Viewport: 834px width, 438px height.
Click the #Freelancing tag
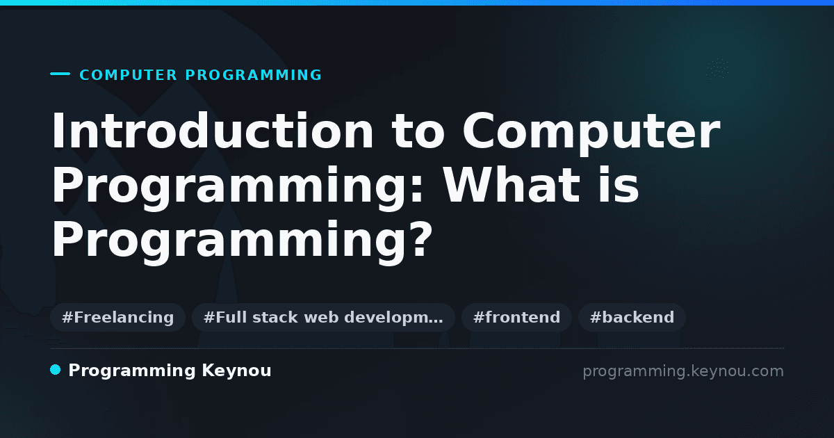117,317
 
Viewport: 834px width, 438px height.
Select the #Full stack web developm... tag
323,317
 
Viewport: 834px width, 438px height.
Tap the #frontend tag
516,317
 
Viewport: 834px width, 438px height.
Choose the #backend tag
632,317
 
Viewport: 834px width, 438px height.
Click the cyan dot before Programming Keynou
56,370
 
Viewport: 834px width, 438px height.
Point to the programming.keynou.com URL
683,371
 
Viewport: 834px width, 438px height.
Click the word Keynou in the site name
236,371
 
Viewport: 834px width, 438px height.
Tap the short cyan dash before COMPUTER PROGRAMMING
60,74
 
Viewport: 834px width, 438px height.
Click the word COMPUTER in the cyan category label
128,75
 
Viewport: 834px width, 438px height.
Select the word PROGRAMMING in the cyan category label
253,75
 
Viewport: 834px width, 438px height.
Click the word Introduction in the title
212,131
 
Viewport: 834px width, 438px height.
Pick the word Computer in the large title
591,133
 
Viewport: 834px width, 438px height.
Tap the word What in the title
512,185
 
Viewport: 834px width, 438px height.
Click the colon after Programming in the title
416,189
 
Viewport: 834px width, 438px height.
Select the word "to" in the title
418,132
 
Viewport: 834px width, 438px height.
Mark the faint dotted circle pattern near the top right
717,69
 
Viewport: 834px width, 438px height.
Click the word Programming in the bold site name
132,371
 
